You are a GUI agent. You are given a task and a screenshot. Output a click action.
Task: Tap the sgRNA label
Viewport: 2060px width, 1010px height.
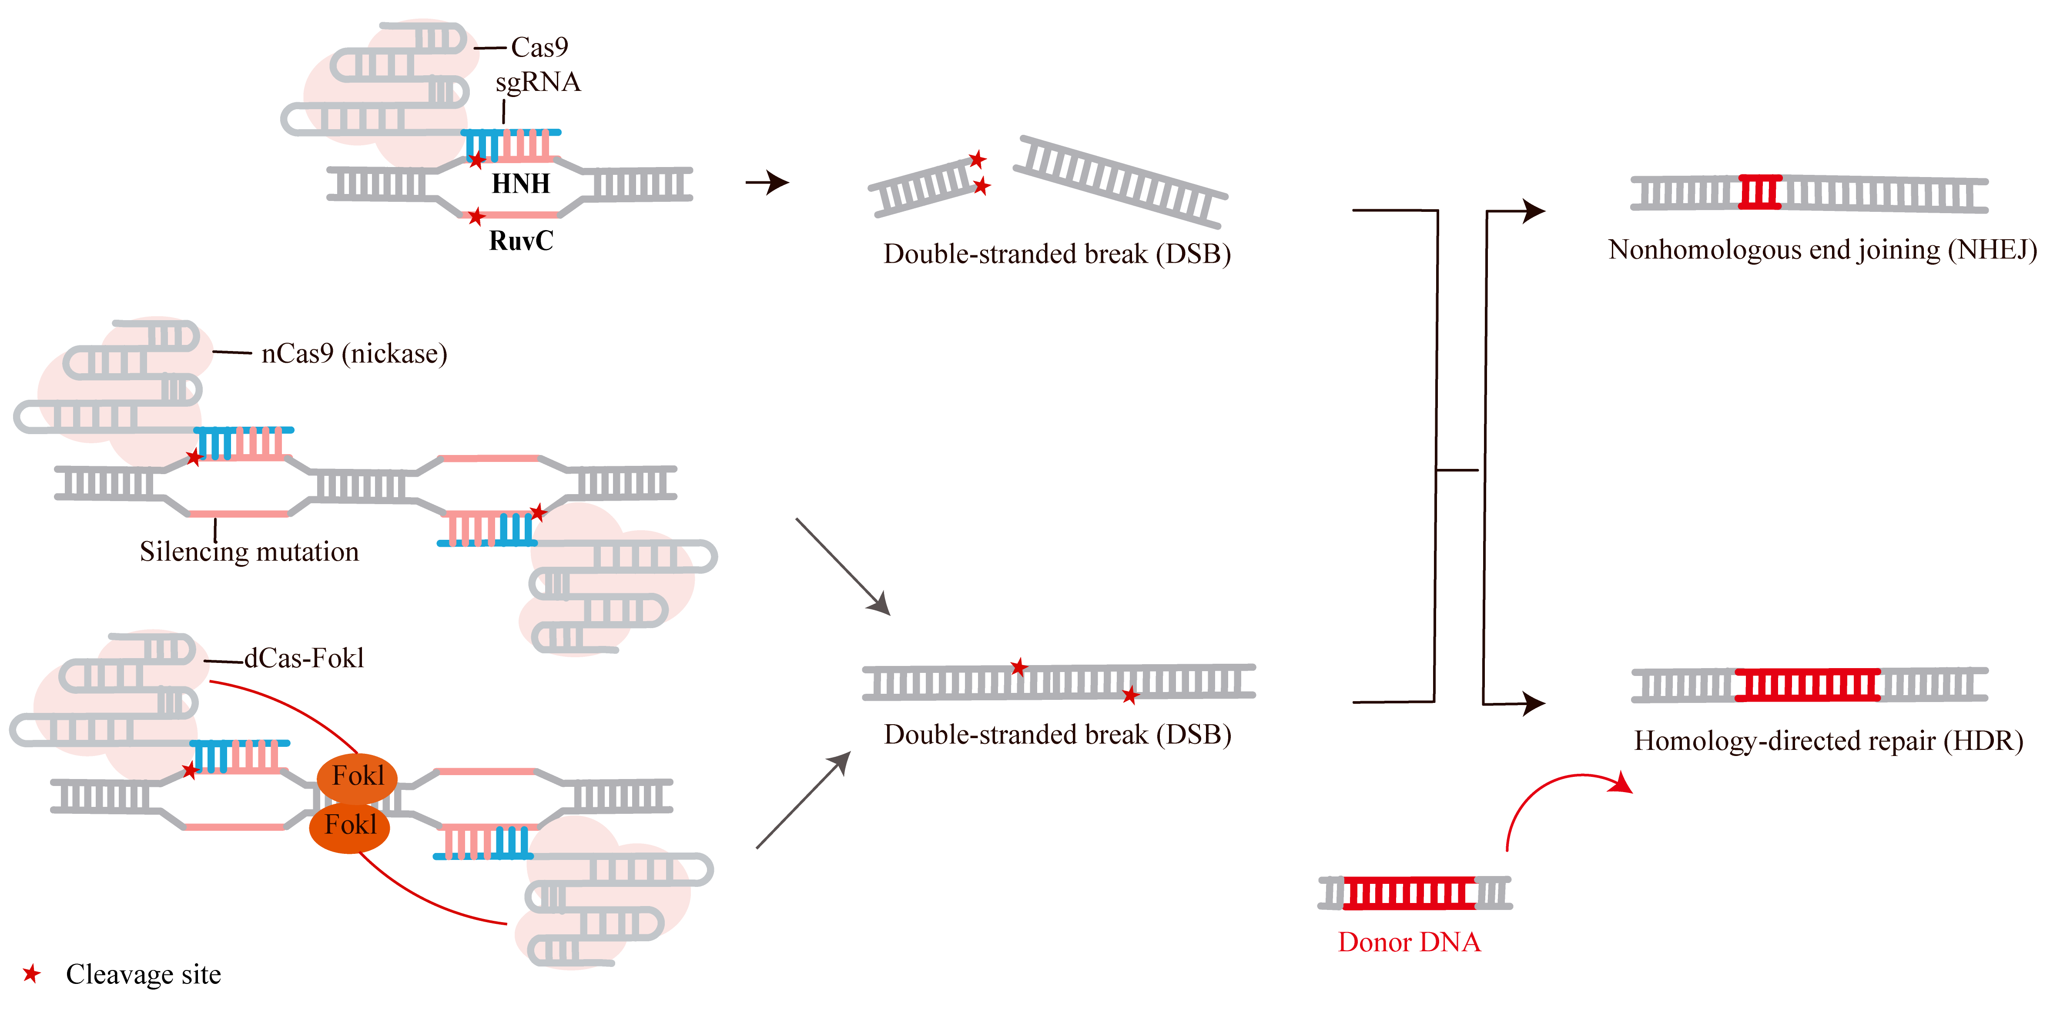(x=537, y=82)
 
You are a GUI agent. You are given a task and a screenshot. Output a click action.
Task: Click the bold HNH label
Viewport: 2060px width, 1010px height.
(x=521, y=184)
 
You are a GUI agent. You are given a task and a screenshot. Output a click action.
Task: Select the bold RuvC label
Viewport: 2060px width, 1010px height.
(x=521, y=241)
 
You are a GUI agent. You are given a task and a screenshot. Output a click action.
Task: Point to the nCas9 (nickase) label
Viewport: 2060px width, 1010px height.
(x=353, y=354)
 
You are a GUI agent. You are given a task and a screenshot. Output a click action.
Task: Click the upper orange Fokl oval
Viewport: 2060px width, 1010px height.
(x=358, y=776)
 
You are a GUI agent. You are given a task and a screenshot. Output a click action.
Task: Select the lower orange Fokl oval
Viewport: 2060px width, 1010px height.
(x=349, y=824)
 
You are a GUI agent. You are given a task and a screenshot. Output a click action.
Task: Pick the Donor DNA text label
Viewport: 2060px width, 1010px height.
(x=1409, y=942)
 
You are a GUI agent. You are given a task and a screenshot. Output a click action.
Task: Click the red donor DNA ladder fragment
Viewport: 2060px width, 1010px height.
(x=1409, y=893)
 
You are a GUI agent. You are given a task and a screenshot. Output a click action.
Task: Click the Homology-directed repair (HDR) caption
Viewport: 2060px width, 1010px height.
(x=1828, y=740)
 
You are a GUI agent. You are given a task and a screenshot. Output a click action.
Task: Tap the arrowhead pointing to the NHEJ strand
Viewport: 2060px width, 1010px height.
(x=1534, y=211)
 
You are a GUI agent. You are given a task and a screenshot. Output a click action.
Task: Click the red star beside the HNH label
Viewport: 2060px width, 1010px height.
(x=477, y=161)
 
